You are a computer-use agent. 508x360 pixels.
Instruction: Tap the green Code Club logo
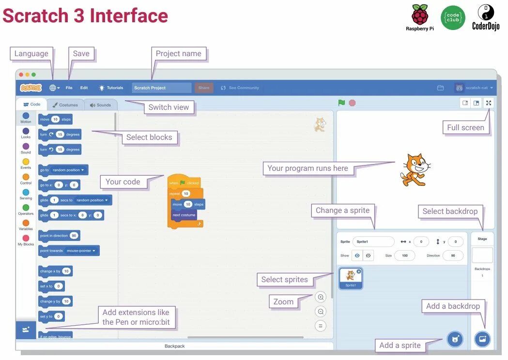[453, 18]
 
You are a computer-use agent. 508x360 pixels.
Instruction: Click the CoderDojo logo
[486, 17]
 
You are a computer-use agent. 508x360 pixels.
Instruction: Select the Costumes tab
[65, 105]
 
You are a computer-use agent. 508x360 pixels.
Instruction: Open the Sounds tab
[100, 105]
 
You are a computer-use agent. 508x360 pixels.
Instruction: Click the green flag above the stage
[341, 103]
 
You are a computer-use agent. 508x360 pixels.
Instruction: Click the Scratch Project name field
[162, 88]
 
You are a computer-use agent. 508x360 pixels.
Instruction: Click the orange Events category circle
[26, 162]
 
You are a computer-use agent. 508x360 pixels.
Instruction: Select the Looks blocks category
[26, 131]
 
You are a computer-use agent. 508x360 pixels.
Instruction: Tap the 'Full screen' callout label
[465, 128]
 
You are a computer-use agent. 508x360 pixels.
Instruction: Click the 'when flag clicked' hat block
[184, 182]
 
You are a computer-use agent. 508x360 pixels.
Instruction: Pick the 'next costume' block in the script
[184, 215]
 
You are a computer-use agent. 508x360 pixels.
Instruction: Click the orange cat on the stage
[414, 169]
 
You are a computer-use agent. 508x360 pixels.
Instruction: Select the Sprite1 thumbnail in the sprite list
[351, 278]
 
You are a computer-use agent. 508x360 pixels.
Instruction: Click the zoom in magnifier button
[321, 297]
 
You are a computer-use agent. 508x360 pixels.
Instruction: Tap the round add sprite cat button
[455, 339]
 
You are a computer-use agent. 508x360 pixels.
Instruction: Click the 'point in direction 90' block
[59, 236]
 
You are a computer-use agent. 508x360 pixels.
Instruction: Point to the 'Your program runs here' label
[308, 168]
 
